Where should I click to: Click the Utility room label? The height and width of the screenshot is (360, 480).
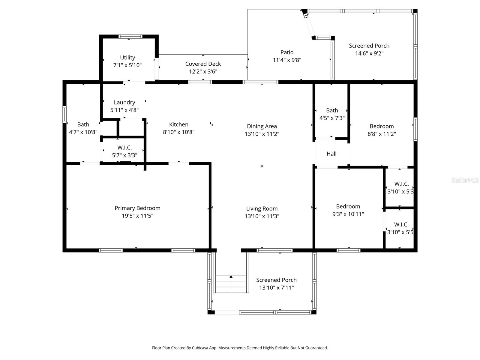(x=127, y=58)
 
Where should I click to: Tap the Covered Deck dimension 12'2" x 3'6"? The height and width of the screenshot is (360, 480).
(x=203, y=71)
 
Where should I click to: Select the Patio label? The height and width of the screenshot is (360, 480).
(x=287, y=52)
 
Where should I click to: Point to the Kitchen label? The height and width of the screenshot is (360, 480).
(x=179, y=124)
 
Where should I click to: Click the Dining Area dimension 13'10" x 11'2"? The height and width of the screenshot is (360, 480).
(x=262, y=134)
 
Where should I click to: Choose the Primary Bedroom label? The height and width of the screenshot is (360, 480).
(x=137, y=208)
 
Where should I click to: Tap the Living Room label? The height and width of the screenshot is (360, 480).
(x=262, y=209)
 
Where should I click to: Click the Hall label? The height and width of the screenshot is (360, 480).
(x=331, y=154)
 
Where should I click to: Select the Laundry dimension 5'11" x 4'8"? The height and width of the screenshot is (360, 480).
(x=124, y=110)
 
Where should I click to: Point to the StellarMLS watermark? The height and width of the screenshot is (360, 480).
(x=465, y=180)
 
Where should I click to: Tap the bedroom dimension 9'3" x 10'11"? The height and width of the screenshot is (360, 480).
(x=348, y=214)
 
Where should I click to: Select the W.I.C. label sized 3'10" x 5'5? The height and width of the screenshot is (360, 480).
(x=401, y=225)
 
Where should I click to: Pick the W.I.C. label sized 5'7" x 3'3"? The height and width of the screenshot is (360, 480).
(x=124, y=148)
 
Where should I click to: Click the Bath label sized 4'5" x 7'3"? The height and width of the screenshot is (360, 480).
(x=332, y=110)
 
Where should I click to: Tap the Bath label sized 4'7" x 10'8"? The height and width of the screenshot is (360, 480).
(x=83, y=124)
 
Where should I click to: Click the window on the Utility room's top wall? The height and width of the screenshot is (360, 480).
(x=130, y=37)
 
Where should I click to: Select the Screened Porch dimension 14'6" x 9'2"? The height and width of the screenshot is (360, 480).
(x=369, y=53)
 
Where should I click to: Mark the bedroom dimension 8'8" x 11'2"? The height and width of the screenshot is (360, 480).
(x=382, y=134)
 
